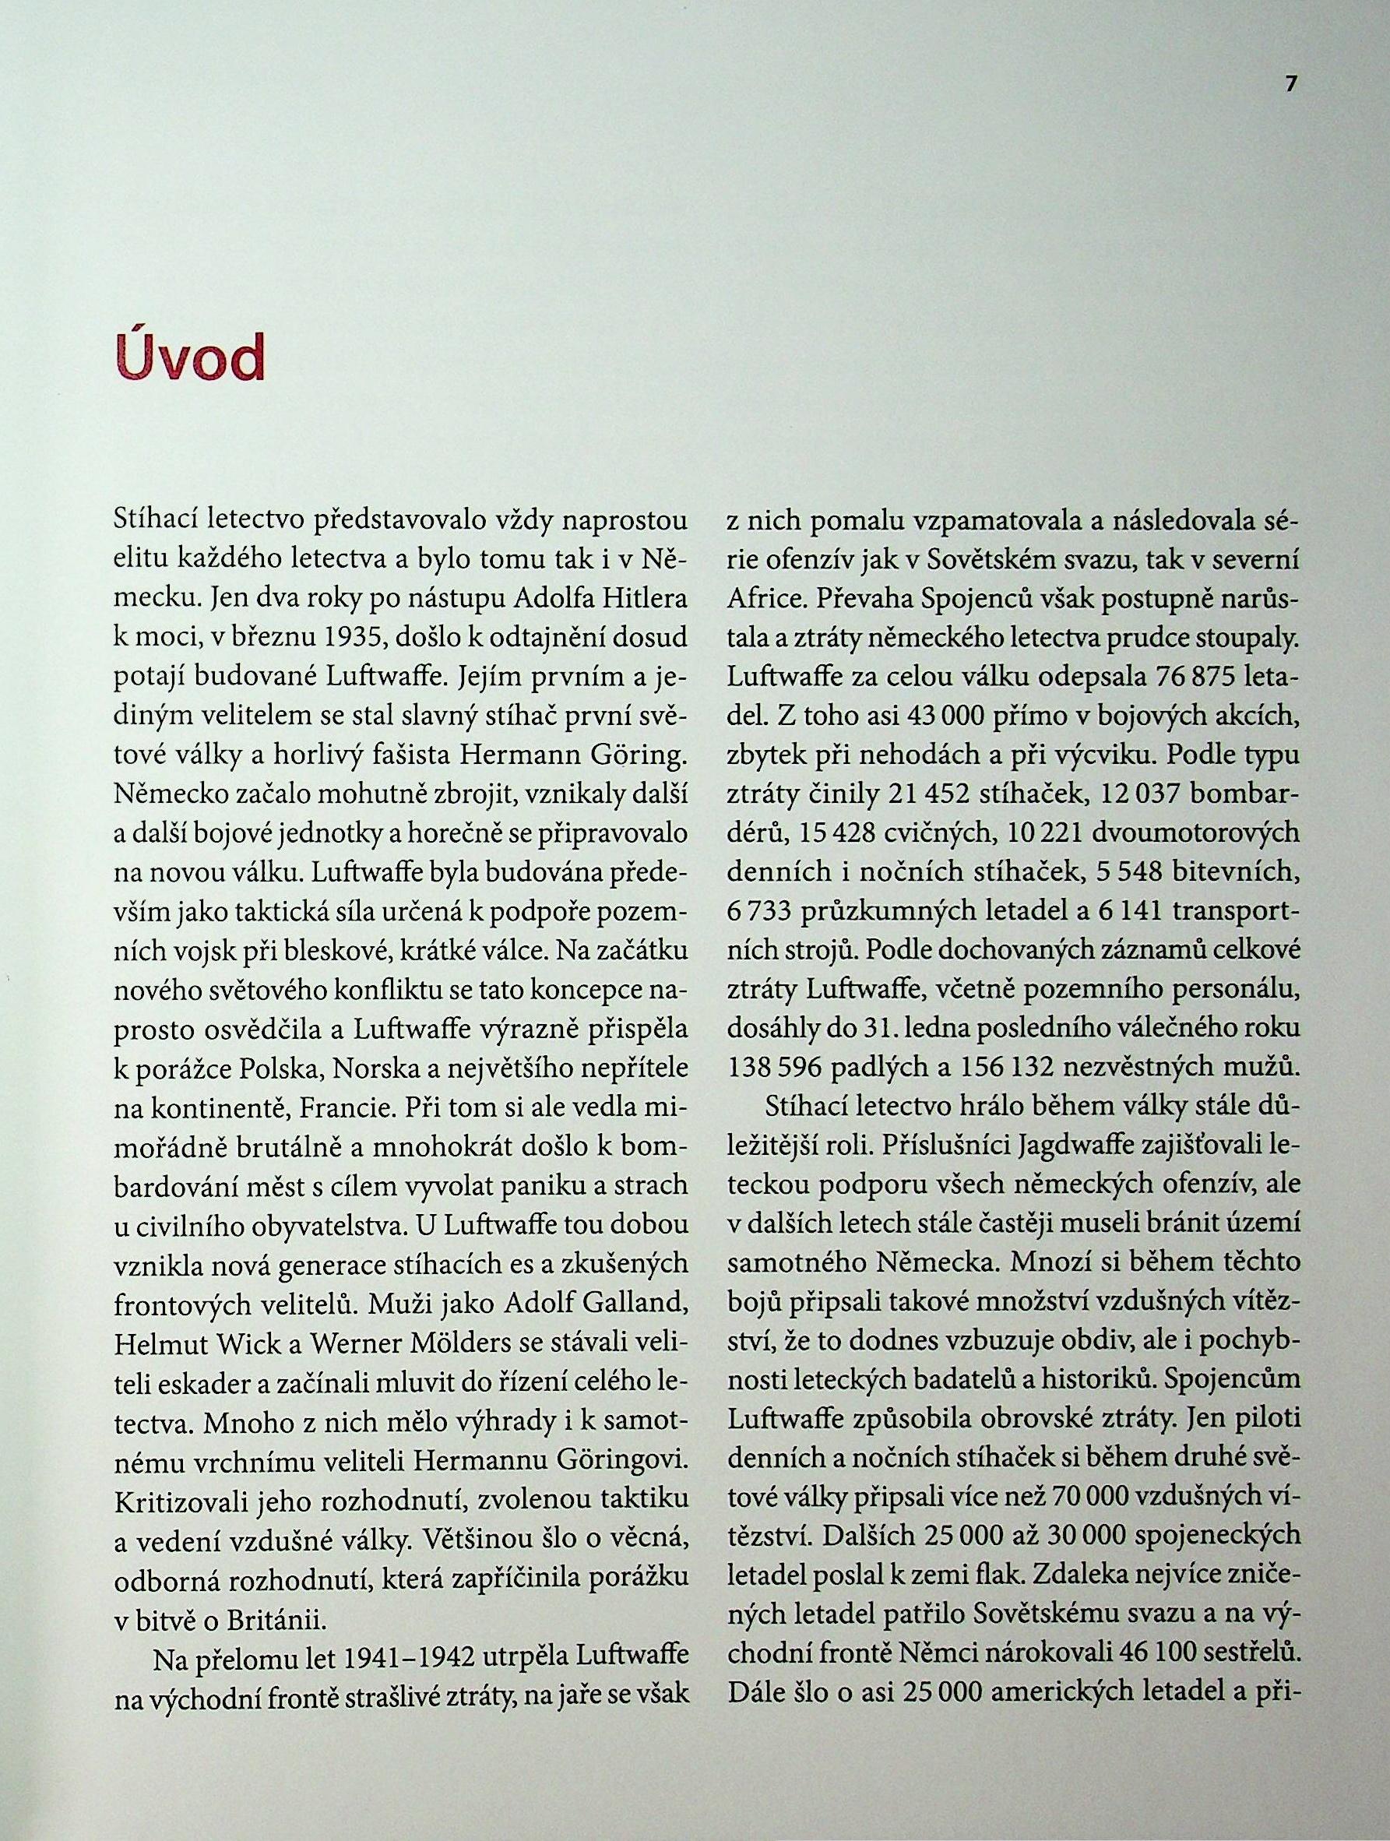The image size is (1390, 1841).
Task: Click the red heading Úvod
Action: pos(189,356)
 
